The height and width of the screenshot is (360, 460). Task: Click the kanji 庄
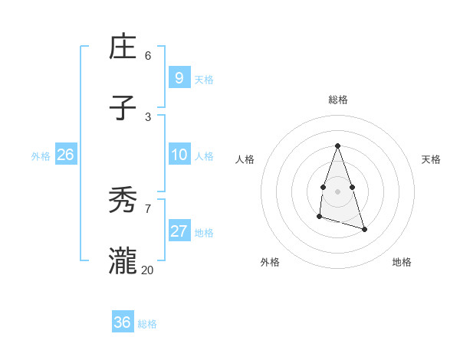pyautogui.click(x=123, y=47)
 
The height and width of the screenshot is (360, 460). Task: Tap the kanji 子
pyautogui.click(x=123, y=109)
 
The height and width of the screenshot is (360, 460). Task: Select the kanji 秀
pyautogui.click(x=123, y=201)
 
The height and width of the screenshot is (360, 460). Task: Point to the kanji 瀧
pyautogui.click(x=123, y=261)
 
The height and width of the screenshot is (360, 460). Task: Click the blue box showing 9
pyautogui.click(x=179, y=77)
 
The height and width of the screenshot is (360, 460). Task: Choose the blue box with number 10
pyautogui.click(x=179, y=155)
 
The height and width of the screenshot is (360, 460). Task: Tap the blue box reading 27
pyautogui.click(x=179, y=231)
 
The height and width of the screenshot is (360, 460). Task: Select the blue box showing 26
pyautogui.click(x=65, y=155)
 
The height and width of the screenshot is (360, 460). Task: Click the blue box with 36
pyautogui.click(x=122, y=322)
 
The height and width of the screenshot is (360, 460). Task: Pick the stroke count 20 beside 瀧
pyautogui.click(x=148, y=270)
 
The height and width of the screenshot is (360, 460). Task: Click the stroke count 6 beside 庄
pyautogui.click(x=148, y=56)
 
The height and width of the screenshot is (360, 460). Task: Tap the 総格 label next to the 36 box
pyautogui.click(x=147, y=324)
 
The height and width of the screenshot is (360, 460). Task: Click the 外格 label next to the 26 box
pyautogui.click(x=41, y=155)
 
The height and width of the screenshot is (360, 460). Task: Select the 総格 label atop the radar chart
pyautogui.click(x=338, y=100)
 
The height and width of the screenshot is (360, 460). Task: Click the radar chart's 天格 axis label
pyautogui.click(x=432, y=159)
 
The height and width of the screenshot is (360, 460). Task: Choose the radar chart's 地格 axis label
pyautogui.click(x=402, y=262)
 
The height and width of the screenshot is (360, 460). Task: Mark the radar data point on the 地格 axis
pyautogui.click(x=364, y=229)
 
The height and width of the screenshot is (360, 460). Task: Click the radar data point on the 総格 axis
pyautogui.click(x=338, y=146)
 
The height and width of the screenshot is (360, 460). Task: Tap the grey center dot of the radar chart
pyautogui.click(x=338, y=191)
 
